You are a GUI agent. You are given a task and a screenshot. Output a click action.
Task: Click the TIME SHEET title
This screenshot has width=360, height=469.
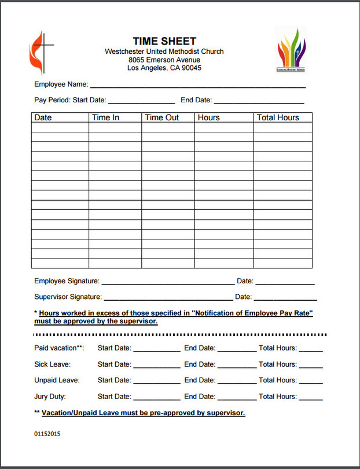pos(164,41)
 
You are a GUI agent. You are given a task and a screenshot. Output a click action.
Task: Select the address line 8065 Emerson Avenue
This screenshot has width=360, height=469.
pos(164,60)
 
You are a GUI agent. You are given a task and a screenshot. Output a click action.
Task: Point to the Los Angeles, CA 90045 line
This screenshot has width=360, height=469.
pos(164,68)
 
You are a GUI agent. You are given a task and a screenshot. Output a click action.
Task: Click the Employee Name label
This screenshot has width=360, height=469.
pos(61,84)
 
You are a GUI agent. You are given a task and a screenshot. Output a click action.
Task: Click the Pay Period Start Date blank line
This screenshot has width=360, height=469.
pos(141,100)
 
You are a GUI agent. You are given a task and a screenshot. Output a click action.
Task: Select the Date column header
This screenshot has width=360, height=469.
pos(43,117)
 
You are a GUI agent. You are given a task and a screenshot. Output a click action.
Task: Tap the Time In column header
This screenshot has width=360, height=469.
pos(105,117)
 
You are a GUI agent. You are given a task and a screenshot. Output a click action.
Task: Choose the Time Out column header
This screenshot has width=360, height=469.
pos(161,117)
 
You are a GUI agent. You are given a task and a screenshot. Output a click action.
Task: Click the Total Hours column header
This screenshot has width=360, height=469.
pos(278,117)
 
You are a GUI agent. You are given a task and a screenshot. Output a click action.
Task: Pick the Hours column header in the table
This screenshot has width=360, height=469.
pos(208,117)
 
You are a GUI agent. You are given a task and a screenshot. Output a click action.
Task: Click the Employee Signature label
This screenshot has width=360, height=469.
pos(67,281)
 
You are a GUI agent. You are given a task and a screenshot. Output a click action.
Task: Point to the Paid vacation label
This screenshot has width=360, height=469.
pos(59,348)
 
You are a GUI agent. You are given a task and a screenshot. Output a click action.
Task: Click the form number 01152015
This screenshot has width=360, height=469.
pos(47,434)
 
